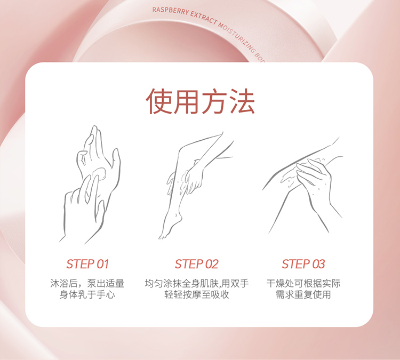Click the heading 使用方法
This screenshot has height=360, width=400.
click(200, 101)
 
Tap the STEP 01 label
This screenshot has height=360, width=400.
click(87, 264)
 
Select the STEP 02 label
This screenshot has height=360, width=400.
click(196, 264)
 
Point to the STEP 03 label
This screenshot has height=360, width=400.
click(303, 264)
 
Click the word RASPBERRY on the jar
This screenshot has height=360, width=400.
click(171, 12)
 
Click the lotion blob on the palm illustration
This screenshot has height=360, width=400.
click(100, 173)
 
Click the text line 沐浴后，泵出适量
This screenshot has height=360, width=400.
click(87, 283)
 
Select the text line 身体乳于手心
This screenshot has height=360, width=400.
click(87, 295)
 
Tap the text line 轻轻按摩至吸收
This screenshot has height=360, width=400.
click(196, 295)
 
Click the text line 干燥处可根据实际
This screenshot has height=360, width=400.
click(303, 283)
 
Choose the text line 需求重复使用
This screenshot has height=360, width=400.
click(303, 295)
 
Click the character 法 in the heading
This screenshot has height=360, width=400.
click(242, 101)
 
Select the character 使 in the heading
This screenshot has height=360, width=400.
click(159, 101)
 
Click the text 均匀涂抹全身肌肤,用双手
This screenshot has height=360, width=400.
click(196, 283)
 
